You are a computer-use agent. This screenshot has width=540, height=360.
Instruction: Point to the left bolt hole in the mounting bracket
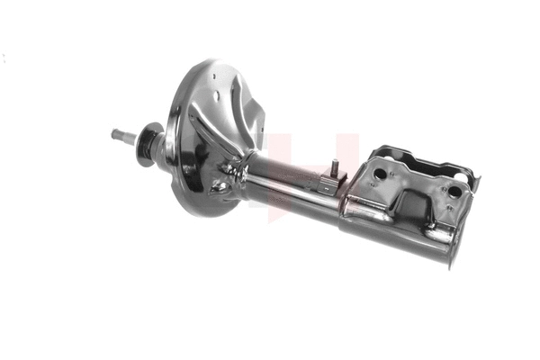click(x=380, y=174)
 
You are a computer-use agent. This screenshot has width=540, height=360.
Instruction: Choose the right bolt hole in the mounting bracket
click(x=454, y=192)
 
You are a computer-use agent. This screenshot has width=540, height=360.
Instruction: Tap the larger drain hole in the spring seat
click(x=219, y=186)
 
